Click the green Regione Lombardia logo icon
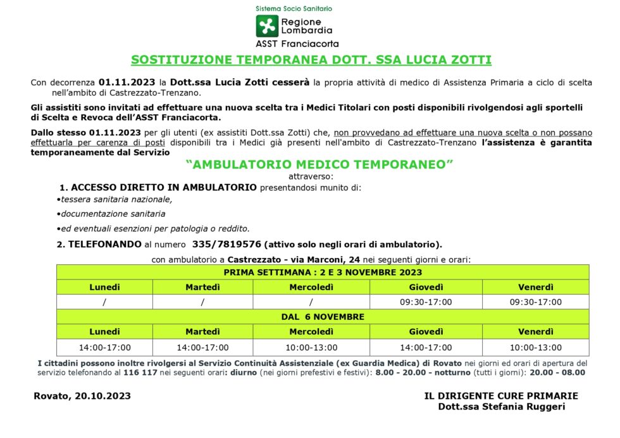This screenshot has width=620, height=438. (x=266, y=26)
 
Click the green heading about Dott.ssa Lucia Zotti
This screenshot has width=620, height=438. (x=311, y=60)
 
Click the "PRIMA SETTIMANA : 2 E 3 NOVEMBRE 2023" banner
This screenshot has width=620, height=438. (x=323, y=272)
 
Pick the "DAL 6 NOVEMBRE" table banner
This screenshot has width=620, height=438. (x=323, y=317)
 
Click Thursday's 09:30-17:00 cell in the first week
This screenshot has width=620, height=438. (x=426, y=302)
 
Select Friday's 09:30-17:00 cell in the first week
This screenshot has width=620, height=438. (x=535, y=302)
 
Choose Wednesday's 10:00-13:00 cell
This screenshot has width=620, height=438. (x=311, y=347)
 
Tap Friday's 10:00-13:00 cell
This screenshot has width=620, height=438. (x=535, y=347)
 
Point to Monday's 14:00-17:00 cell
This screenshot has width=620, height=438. (x=104, y=347)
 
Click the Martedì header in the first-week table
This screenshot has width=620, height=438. (x=202, y=287)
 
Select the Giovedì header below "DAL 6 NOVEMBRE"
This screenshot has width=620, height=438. (x=426, y=332)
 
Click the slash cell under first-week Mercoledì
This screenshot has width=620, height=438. (x=311, y=302)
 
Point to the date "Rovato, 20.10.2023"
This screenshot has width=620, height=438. (x=82, y=396)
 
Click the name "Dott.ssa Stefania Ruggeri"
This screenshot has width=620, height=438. (x=501, y=406)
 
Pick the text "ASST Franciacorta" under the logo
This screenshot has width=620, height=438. (x=297, y=44)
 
